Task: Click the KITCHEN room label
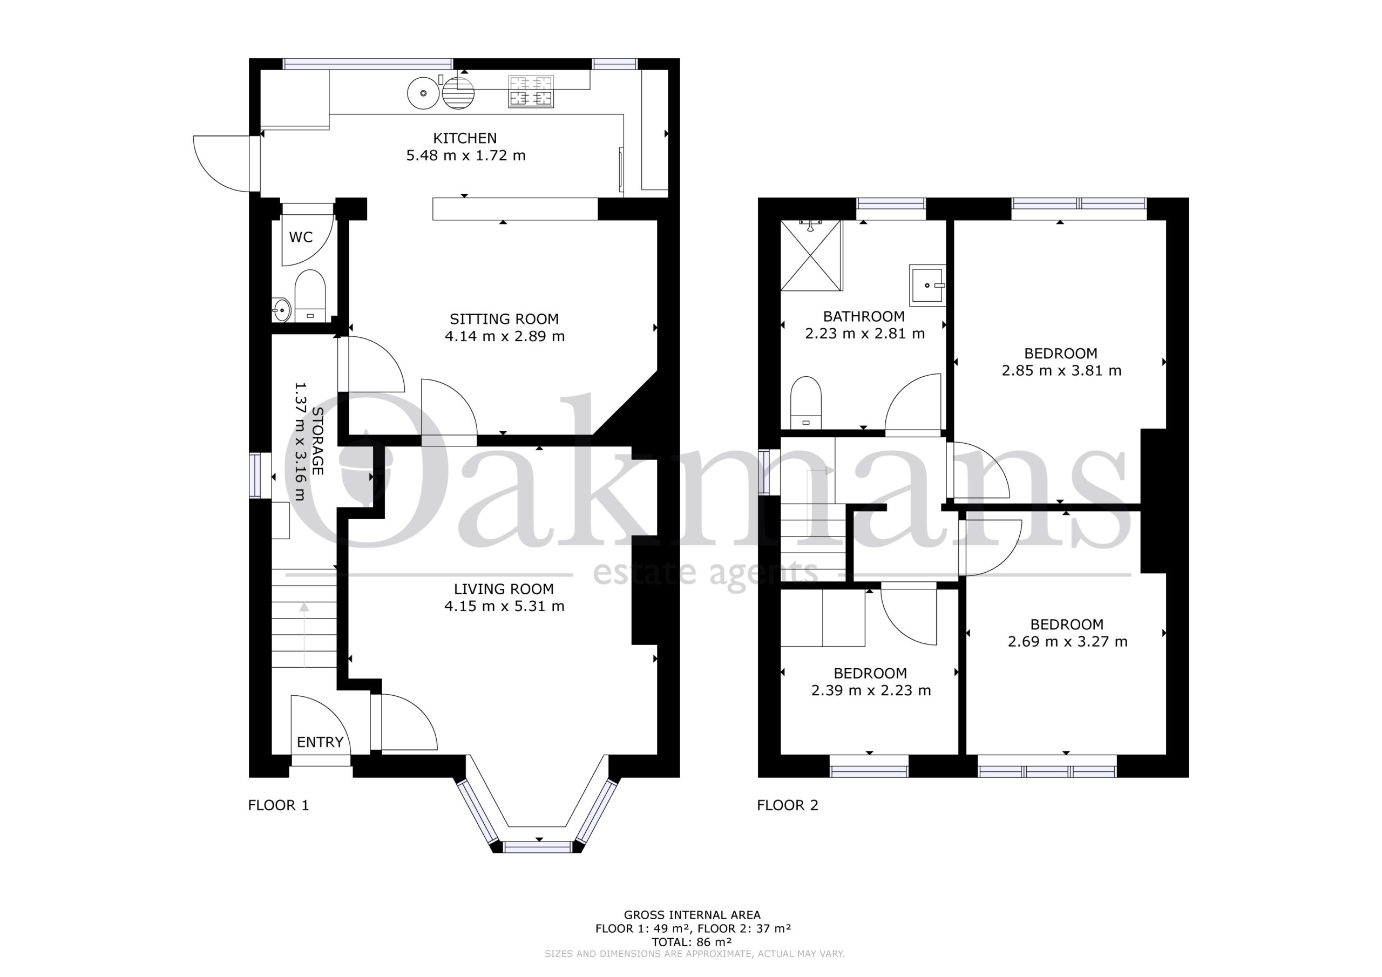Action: pos(465,139)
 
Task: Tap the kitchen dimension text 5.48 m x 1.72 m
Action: pos(466,156)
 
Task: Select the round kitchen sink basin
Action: pos(424,93)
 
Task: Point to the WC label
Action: pos(301,237)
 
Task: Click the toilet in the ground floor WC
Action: pos(310,296)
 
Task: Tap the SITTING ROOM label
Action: pos(504,319)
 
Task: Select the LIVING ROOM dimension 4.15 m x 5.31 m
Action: pos(504,606)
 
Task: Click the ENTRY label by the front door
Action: pos(320,742)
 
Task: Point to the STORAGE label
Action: pos(318,441)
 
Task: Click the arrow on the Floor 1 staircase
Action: pos(304,635)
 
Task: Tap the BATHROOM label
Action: pos(864,317)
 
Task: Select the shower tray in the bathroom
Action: pos(811,255)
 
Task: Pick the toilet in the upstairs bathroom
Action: pos(806,403)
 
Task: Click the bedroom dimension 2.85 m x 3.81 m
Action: pos(1061,371)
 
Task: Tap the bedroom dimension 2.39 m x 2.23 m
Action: pos(871,690)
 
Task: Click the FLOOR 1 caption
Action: pos(279,805)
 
